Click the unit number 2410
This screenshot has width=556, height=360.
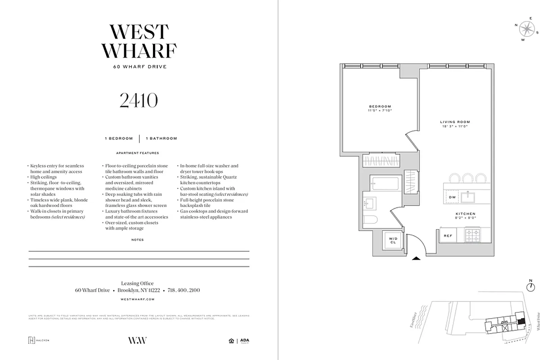pos(139,101)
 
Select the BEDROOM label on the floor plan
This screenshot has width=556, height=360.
pos(380,107)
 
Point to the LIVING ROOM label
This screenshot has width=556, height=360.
pos(455,122)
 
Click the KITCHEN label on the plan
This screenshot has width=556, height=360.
pos(465,214)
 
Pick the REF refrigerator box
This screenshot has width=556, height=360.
pos(448,236)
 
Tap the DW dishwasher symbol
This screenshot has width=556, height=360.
pos(452,198)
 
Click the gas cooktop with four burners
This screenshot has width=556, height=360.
pos(473,235)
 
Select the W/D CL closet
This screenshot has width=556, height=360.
pos(393,240)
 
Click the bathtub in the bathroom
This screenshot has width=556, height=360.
pos(385,183)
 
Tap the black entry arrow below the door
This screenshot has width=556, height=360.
pos(416,258)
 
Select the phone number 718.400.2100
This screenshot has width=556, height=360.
pos(184,291)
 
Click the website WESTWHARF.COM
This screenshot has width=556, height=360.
pos(138,299)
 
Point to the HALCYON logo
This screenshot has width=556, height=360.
pos(39,340)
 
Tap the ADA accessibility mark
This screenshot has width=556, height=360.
pos(244,341)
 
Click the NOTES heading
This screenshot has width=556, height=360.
pos(138,240)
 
